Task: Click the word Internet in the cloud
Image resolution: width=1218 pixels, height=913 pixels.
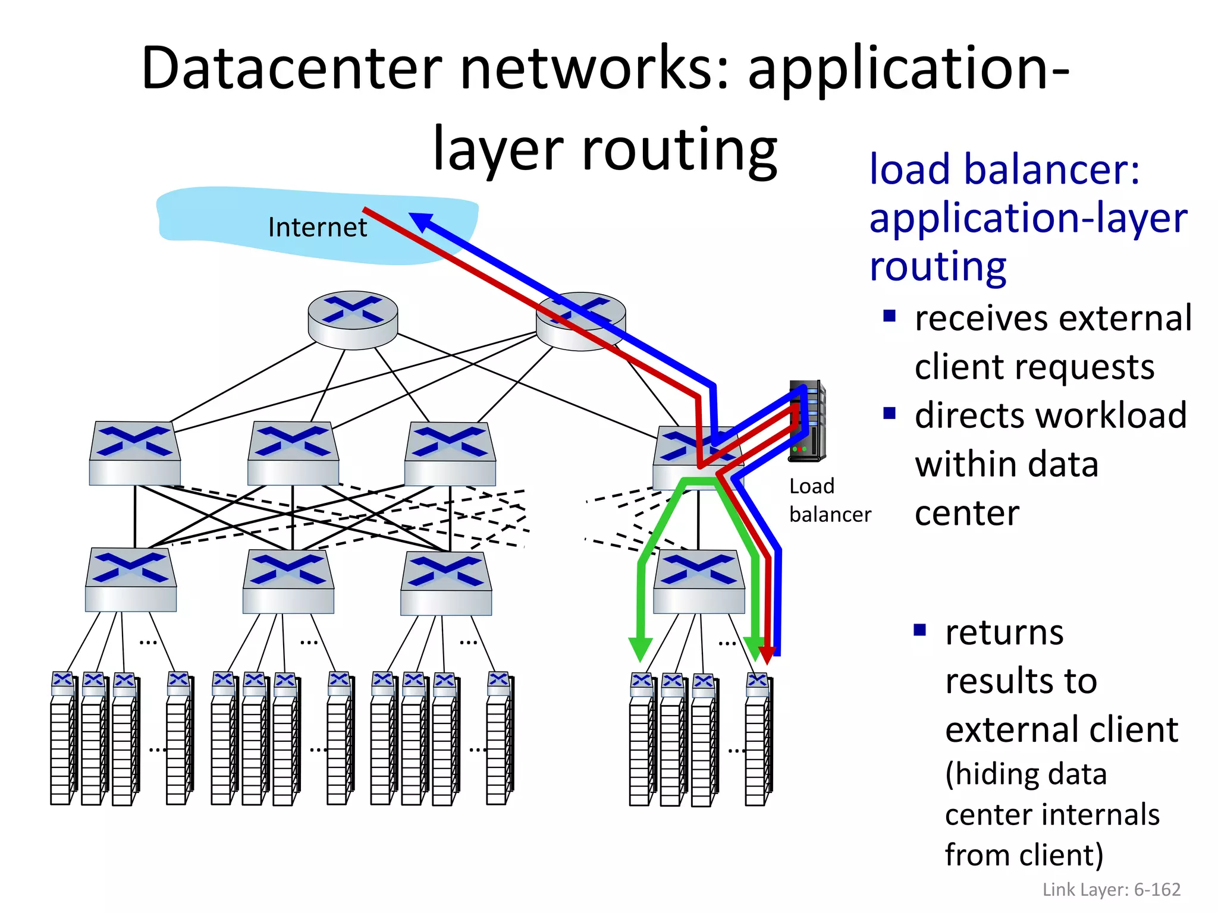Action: coord(317,227)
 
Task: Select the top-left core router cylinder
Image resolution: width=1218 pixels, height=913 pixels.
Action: coord(353,320)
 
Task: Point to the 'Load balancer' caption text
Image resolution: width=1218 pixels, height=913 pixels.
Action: coord(829,500)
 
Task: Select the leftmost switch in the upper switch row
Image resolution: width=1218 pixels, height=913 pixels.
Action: coord(135,454)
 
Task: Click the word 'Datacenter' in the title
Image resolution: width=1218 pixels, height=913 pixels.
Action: coord(291,68)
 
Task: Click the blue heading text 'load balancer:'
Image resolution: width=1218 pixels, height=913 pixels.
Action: coord(1004,169)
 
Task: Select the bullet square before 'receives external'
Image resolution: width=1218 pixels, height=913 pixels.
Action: coord(889,316)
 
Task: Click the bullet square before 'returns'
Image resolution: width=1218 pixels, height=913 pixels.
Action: coord(919,629)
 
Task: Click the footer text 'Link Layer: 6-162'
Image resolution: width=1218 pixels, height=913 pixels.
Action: coord(1111,889)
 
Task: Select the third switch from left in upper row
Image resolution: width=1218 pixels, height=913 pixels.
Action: coord(450,454)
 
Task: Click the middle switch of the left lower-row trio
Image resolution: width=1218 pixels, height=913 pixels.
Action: coord(288,582)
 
